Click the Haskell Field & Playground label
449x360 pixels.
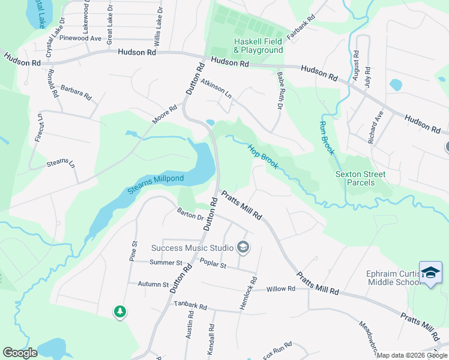tap(258, 46)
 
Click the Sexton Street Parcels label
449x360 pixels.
tap(360, 178)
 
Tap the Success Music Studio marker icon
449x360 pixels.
tap(243, 247)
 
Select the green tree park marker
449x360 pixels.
tap(120, 311)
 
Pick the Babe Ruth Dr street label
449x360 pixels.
tap(279, 91)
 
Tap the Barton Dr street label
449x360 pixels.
tap(190, 215)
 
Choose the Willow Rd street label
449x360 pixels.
tap(281, 289)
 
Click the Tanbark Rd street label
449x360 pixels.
tap(190, 305)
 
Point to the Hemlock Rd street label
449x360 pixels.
tap(247, 293)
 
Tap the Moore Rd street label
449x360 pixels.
tap(164, 115)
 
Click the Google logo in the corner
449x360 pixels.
tap(20, 353)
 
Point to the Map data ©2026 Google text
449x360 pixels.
tap(412, 356)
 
